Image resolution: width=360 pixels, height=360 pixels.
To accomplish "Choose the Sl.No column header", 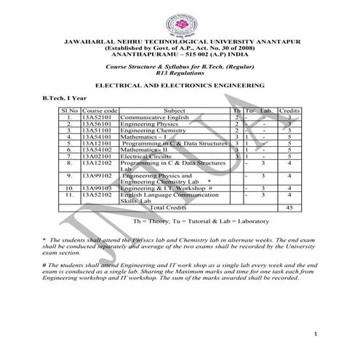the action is (68, 110).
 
